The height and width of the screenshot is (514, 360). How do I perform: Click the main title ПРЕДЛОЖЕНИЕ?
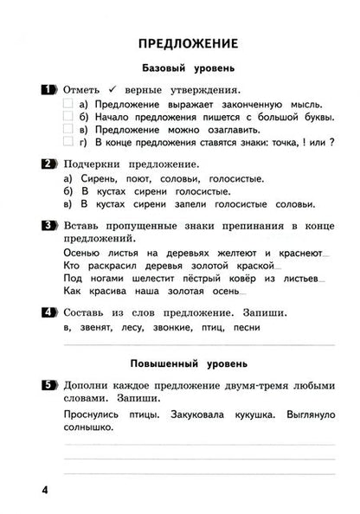(x=180, y=43)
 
